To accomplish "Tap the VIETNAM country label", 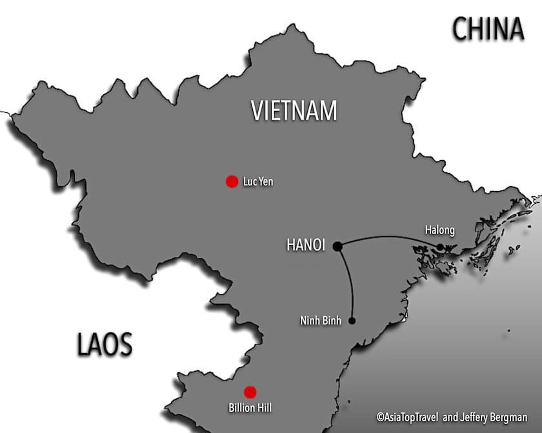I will tap(294, 110).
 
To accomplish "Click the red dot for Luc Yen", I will tap(232, 182).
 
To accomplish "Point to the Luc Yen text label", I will tap(258, 182).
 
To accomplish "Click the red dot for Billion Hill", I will tap(250, 392).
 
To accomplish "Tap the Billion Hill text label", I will tap(250, 408).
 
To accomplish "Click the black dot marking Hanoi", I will tap(337, 245).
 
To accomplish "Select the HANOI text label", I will tap(305, 245).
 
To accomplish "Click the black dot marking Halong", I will tap(440, 247).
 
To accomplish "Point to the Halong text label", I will tap(440, 230).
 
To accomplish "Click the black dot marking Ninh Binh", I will tap(352, 321).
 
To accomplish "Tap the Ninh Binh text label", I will tap(321, 321).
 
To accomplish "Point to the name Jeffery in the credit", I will tap(474, 418).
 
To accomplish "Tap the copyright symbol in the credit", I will tap(381, 418).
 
